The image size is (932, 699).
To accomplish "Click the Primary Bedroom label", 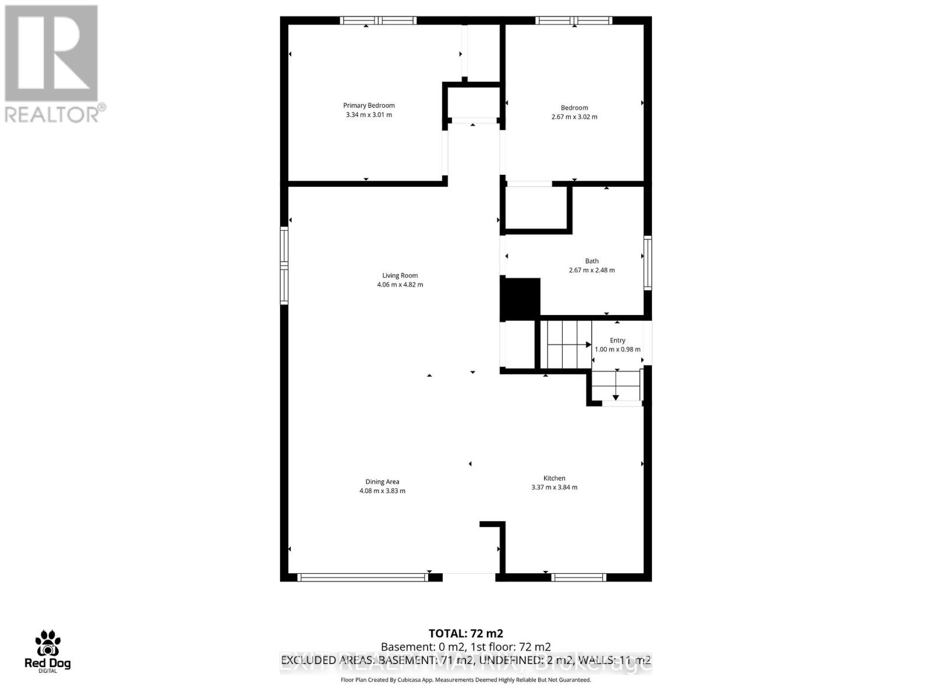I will pyautogui.click(x=369, y=105).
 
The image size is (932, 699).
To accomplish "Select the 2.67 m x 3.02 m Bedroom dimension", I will pyautogui.click(x=574, y=116).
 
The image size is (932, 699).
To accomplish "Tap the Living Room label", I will pyautogui.click(x=400, y=276).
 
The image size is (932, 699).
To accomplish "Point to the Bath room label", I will pyautogui.click(x=592, y=261).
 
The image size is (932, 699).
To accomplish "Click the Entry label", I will pyautogui.click(x=617, y=340).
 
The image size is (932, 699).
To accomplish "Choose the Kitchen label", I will pyautogui.click(x=554, y=478).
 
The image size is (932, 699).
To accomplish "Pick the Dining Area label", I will pyautogui.click(x=382, y=482).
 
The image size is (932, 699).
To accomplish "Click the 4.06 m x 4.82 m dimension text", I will pyautogui.click(x=400, y=285).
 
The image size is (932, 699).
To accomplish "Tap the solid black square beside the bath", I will pyautogui.click(x=521, y=299).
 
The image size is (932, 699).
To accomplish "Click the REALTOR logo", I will pyautogui.click(x=52, y=64).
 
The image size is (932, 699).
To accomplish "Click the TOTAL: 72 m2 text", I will pyautogui.click(x=465, y=633).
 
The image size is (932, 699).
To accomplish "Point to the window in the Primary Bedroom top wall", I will pyautogui.click(x=379, y=20).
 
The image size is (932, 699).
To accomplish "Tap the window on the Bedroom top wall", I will pyautogui.click(x=574, y=20).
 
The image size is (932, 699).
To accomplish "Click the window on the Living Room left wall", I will pyautogui.click(x=284, y=265).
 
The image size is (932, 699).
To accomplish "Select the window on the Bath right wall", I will pyautogui.click(x=647, y=262).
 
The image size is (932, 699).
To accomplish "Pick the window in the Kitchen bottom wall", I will pyautogui.click(x=578, y=577).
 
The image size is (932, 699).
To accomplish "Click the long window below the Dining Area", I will pyautogui.click(x=362, y=577).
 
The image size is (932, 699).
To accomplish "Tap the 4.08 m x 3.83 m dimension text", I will pyautogui.click(x=382, y=491).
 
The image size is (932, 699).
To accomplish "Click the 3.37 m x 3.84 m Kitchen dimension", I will pyautogui.click(x=554, y=488).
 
